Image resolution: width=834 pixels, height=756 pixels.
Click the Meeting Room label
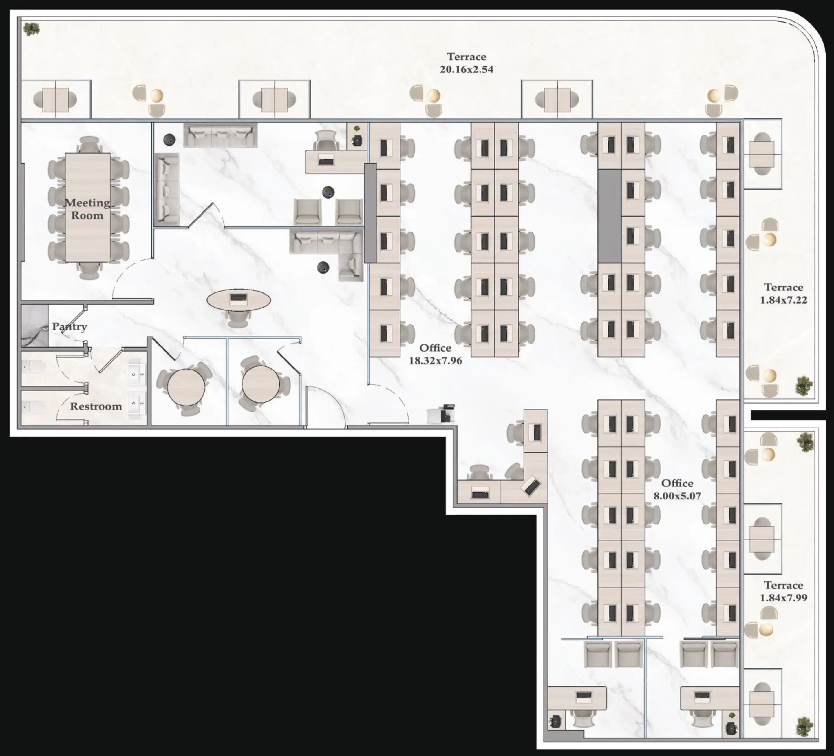[87, 209]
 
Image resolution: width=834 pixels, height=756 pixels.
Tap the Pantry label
[69, 327]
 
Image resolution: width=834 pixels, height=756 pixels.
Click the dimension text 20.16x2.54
[467, 70]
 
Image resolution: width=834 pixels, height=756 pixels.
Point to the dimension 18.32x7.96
[435, 361]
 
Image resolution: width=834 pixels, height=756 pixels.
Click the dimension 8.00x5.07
[677, 496]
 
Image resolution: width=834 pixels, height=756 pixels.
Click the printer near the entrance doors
[441, 414]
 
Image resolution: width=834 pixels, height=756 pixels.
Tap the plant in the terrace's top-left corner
[32, 29]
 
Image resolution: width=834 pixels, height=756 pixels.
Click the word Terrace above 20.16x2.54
[467, 57]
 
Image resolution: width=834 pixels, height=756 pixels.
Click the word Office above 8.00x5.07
[677, 483]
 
